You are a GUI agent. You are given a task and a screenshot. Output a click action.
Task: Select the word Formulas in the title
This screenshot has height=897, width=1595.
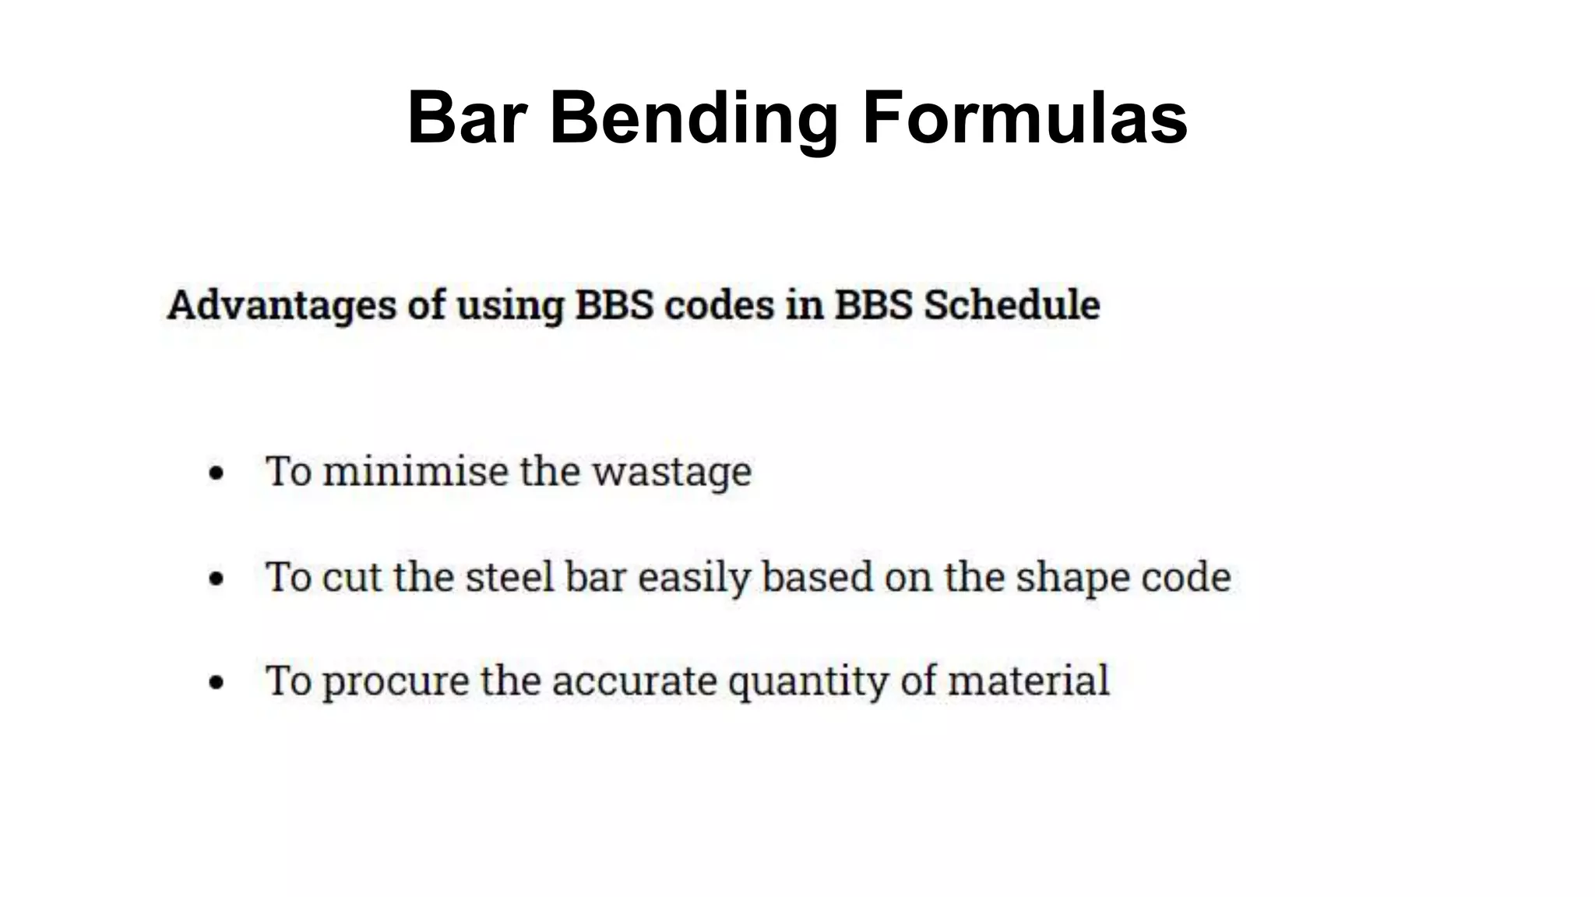[1024, 118]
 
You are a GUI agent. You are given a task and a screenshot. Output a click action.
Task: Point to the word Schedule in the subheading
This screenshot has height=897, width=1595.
[1012, 304]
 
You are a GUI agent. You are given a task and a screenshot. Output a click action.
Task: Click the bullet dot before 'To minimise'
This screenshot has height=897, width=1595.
[217, 473]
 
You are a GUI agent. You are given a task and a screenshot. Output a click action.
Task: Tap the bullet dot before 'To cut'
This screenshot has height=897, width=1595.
[217, 579]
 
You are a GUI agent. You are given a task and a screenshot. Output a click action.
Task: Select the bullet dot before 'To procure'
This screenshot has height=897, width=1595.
[217, 683]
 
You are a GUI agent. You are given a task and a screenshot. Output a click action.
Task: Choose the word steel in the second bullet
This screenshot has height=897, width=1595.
[509, 577]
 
